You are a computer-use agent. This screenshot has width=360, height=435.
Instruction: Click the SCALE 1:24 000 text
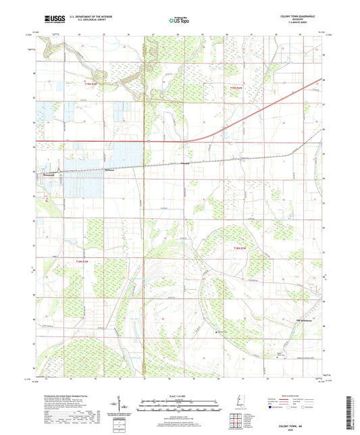click(x=179, y=395)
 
